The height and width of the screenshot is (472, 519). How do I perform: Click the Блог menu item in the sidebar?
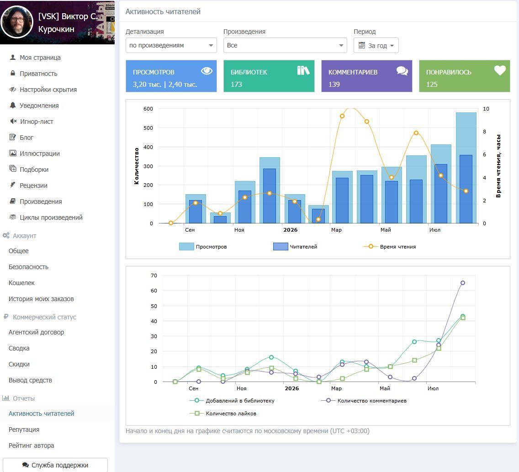(x=21, y=138)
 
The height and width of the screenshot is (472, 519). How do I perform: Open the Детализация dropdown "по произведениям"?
(x=171, y=45)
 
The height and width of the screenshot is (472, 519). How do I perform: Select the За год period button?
(x=376, y=45)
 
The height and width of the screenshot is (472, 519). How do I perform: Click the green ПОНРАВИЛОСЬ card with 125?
(x=464, y=76)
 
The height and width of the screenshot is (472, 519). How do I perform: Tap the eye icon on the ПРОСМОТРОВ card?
(x=207, y=71)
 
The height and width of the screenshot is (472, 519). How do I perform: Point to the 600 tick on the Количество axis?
(x=148, y=109)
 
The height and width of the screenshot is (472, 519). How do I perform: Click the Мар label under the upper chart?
(x=336, y=230)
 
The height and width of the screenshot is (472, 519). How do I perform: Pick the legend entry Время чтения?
(x=390, y=247)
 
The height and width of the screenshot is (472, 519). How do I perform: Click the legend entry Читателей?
(x=295, y=247)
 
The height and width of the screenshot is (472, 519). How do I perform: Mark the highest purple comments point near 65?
(x=463, y=283)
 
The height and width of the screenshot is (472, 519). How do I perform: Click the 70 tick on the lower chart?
(x=154, y=276)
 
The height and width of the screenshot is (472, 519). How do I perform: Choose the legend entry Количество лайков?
(x=223, y=414)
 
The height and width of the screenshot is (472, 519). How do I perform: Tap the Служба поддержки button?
(x=55, y=465)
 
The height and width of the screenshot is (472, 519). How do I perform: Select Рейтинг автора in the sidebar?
(x=31, y=445)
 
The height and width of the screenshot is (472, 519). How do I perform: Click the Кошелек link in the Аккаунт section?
(x=21, y=283)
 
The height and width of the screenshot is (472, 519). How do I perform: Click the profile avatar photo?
(x=17, y=22)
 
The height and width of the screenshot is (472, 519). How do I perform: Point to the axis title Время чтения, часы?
(x=498, y=166)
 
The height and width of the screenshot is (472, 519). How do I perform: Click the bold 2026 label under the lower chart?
(x=291, y=388)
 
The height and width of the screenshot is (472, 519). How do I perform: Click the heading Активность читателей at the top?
(x=163, y=11)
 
